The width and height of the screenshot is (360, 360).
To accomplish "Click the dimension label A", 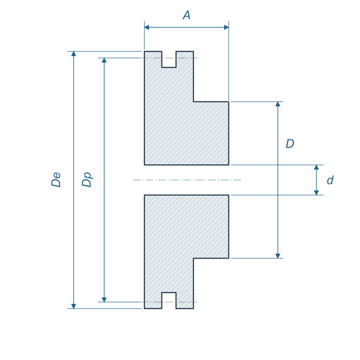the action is (x=186, y=15).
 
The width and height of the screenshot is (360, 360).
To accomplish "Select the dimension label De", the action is (x=56, y=179).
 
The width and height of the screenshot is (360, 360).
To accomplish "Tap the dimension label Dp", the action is (x=87, y=179).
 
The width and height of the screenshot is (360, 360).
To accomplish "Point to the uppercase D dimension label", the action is (x=289, y=143).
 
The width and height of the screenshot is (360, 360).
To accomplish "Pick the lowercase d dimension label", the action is (x=330, y=180).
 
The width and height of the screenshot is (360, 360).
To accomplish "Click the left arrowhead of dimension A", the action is (x=146, y=27).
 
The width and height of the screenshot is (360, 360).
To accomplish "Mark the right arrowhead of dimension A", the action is (x=226, y=27).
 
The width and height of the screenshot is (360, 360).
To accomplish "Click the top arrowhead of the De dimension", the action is (x=73, y=53).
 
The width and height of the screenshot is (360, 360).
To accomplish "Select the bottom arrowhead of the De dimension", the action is (x=73, y=306).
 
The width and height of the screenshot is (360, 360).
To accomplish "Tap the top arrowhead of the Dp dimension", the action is (x=104, y=60).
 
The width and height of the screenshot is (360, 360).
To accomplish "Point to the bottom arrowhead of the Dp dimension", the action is (x=104, y=299).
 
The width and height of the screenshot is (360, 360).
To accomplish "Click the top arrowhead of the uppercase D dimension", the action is (x=278, y=104).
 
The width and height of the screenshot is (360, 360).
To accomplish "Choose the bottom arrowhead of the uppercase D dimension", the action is (x=278, y=256).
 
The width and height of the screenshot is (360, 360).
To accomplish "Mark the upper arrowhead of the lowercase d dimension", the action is (x=316, y=167).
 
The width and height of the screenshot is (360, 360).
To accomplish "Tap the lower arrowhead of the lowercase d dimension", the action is (x=316, y=192).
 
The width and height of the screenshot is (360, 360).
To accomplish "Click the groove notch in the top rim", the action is (x=169, y=59).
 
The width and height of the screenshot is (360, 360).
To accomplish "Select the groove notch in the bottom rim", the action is (x=169, y=300).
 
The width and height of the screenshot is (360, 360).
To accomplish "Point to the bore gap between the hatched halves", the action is (x=186, y=180).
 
